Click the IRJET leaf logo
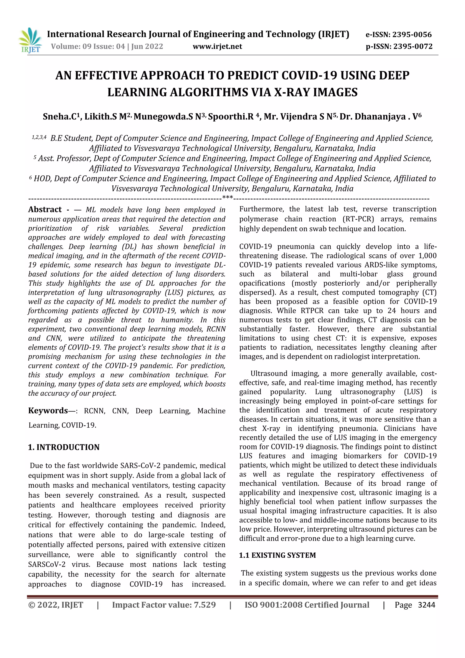pyautogui.click(x=30, y=40)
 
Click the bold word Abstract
pyautogui.click(x=45, y=209)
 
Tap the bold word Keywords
pyautogui.click(x=48, y=411)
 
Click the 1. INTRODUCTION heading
pyautogui.click(x=64, y=447)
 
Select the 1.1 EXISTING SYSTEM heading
pyautogui.click(x=277, y=555)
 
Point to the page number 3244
pyautogui.click(x=426, y=605)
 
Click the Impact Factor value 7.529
pyautogui.click(x=205, y=605)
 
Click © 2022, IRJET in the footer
pyautogui.click(x=56, y=605)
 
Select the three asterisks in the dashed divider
pyautogui.click(x=228, y=198)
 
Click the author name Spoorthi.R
pyautogui.click(x=231, y=117)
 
